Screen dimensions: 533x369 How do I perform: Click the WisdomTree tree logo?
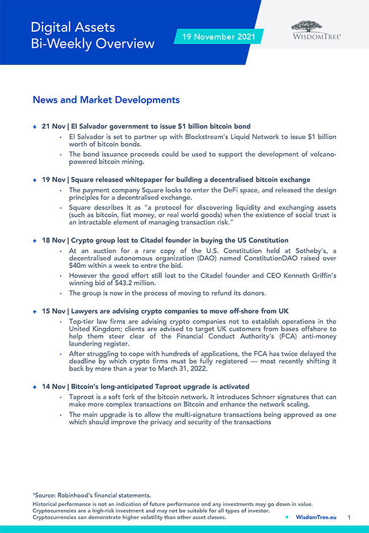(x=307, y=26)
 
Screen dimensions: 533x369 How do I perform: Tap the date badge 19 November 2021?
(x=219, y=37)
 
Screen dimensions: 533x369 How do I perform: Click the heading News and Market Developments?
(x=106, y=100)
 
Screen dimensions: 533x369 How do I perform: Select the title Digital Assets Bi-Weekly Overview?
(x=93, y=35)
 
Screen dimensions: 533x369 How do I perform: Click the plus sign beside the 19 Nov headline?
(x=35, y=180)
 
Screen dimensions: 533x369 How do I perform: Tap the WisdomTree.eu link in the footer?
(x=316, y=517)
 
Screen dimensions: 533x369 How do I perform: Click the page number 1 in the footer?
(x=349, y=517)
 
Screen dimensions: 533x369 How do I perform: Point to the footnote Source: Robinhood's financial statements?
(x=92, y=496)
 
